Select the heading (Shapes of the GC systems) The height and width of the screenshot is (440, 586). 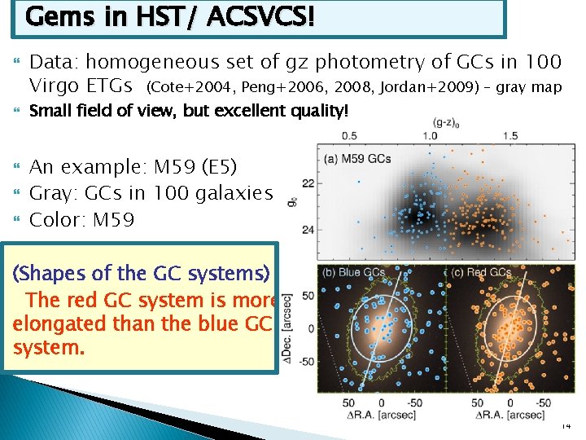pyautogui.click(x=142, y=274)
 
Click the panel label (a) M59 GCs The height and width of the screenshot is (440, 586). pyautogui.click(x=357, y=158)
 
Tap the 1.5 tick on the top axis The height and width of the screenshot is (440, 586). pyautogui.click(x=510, y=135)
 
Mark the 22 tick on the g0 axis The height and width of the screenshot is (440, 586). pyautogui.click(x=308, y=184)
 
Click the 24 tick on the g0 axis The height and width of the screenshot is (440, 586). pyautogui.click(x=308, y=231)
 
